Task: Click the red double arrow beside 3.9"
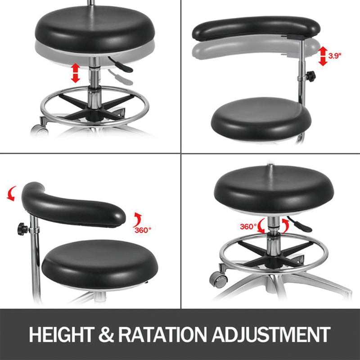click(322, 55)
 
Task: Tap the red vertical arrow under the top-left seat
click(75, 73)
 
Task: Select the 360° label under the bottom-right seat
click(248, 226)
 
